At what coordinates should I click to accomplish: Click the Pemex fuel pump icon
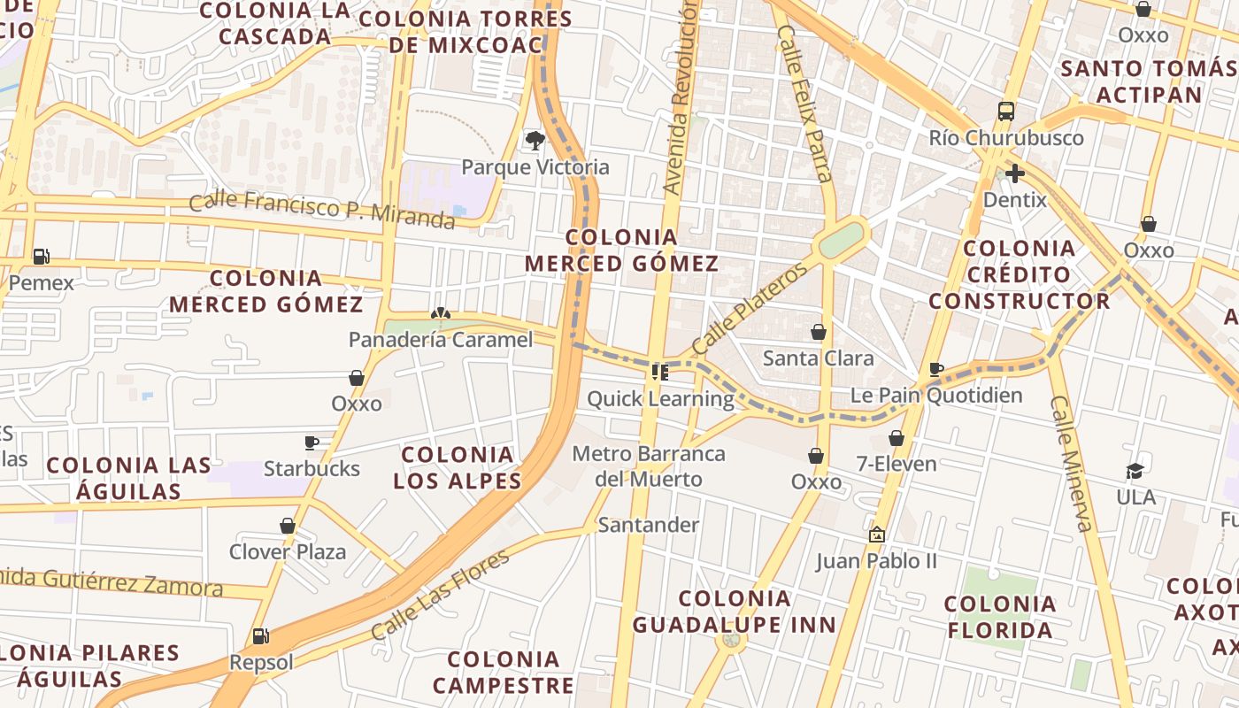tap(41, 257)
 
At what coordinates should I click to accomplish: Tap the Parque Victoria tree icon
tap(535, 140)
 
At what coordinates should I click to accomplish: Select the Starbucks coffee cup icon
tap(312, 442)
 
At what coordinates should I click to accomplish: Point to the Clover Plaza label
tap(288, 552)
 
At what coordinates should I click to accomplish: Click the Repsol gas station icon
tap(260, 635)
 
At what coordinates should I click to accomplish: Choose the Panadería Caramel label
tap(441, 340)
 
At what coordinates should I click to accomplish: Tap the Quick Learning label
tap(660, 399)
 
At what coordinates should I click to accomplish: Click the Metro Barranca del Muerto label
tap(649, 466)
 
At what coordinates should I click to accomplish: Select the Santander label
tap(649, 525)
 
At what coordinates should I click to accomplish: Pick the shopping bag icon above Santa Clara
tap(819, 332)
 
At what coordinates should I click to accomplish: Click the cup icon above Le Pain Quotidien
tap(936, 369)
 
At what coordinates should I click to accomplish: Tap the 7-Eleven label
tap(897, 463)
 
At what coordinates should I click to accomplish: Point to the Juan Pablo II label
tap(876, 561)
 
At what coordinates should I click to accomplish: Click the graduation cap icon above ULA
tap(1135, 471)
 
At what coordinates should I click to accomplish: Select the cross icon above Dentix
tap(1014, 173)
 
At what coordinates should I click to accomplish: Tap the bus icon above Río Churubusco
tap(1006, 112)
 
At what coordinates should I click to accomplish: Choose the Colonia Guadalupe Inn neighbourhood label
tap(734, 612)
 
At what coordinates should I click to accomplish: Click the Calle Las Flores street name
tap(440, 595)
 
